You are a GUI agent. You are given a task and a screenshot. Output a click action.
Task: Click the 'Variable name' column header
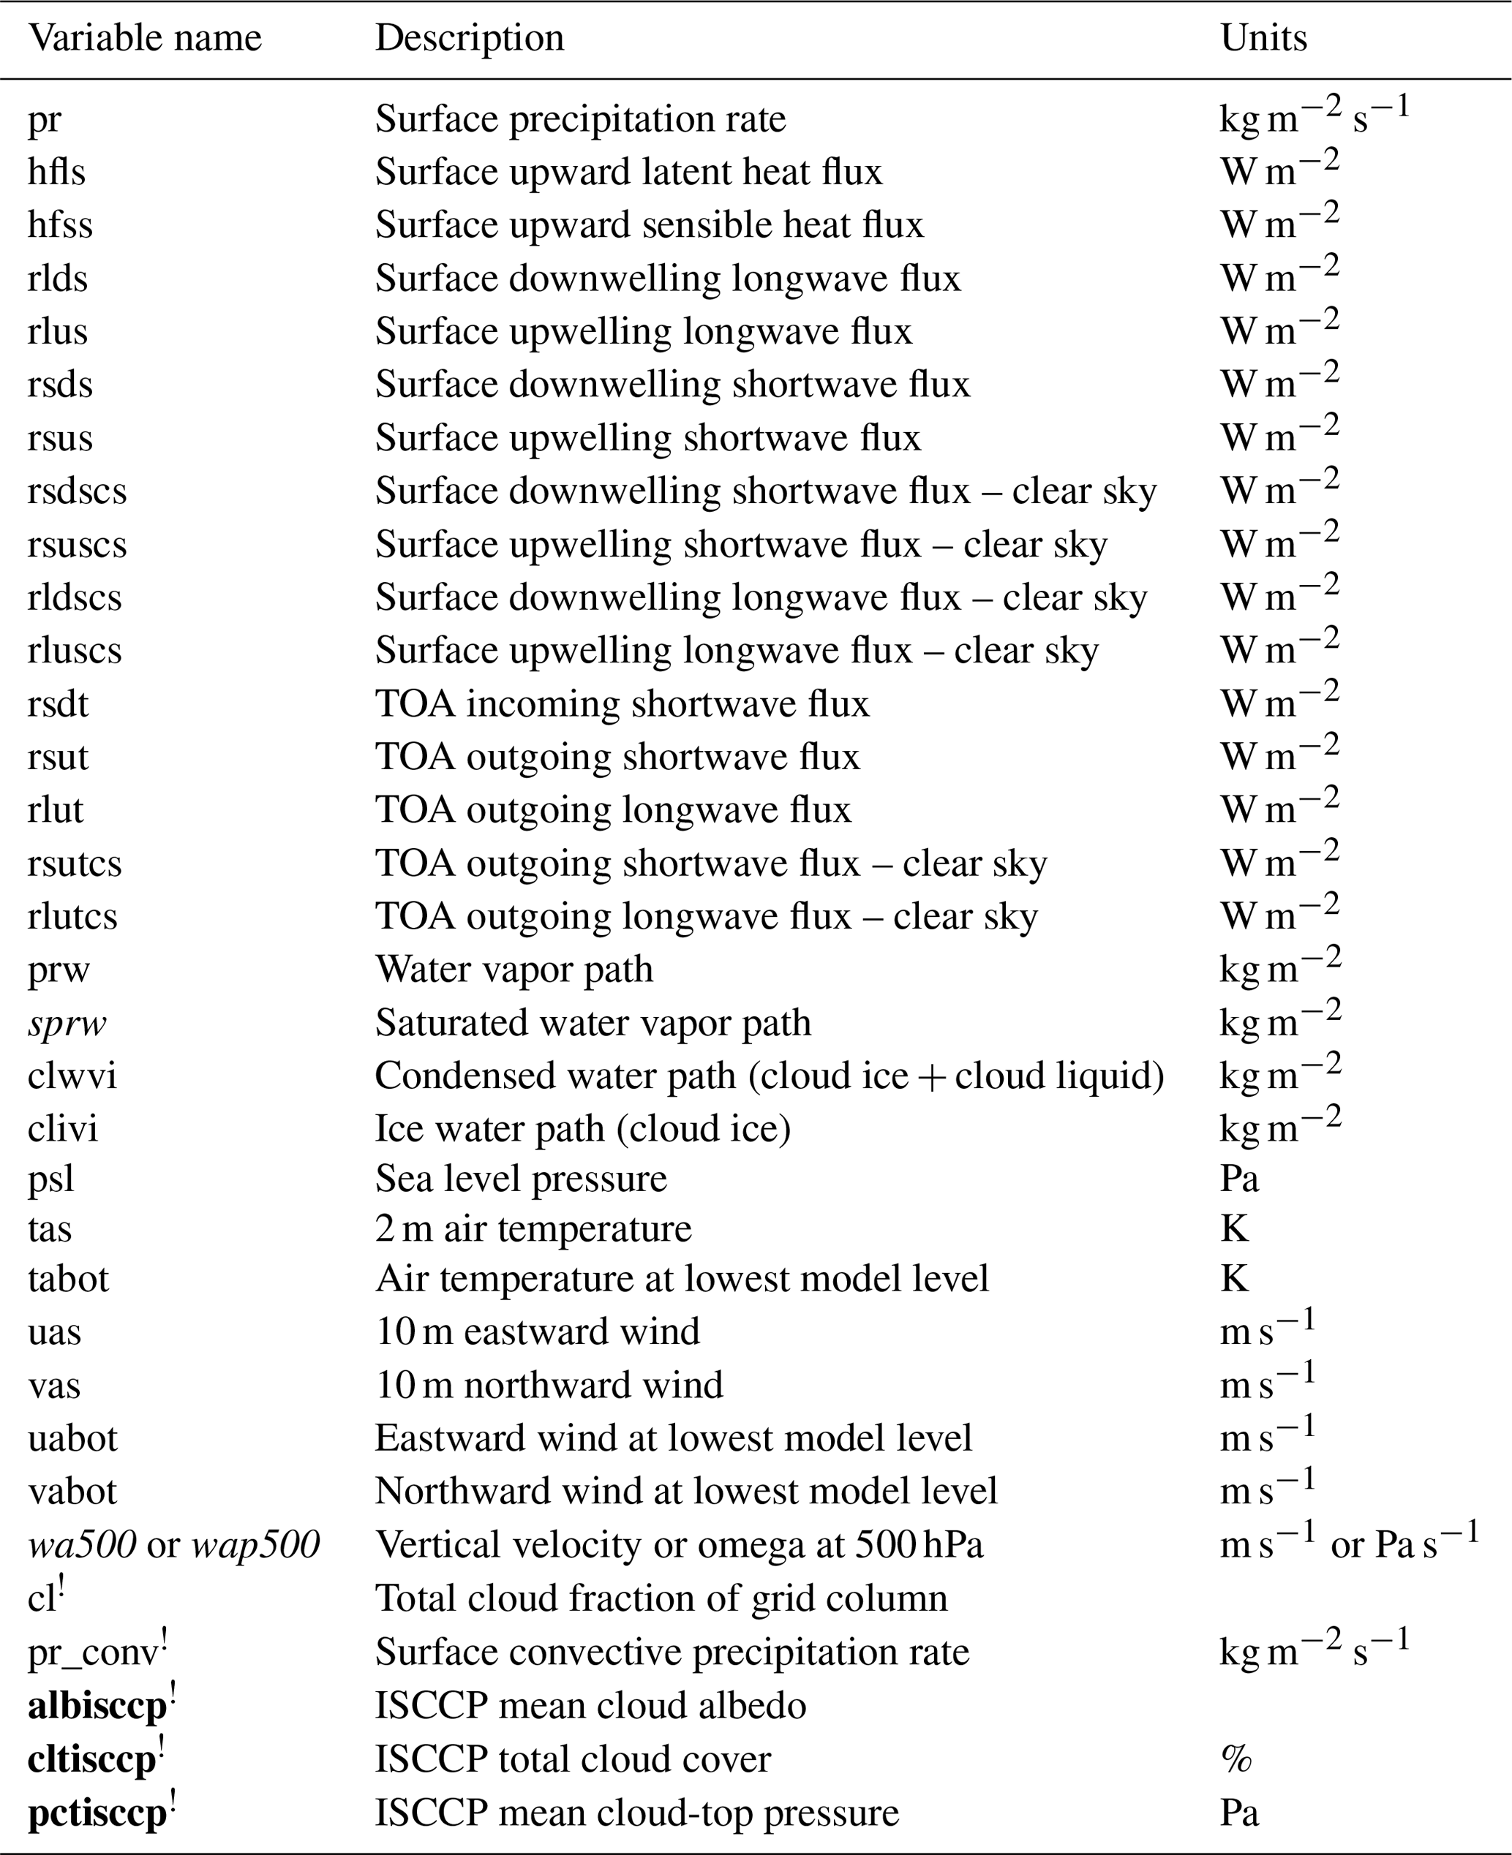[x=145, y=38]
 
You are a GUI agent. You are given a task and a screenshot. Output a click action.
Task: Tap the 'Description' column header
[x=470, y=38]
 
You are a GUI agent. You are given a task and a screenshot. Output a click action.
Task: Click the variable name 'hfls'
[x=56, y=172]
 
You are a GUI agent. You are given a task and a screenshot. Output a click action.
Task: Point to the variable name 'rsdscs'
[x=77, y=491]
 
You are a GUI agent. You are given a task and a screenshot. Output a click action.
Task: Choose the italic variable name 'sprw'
[x=67, y=1023]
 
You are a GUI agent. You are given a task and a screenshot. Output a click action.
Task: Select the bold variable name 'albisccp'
[x=97, y=1706]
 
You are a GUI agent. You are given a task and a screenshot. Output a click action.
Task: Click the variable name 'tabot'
[x=69, y=1279]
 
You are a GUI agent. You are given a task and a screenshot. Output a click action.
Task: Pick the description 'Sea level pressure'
[x=521, y=1179]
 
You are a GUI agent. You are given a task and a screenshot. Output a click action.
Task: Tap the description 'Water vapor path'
[x=514, y=970]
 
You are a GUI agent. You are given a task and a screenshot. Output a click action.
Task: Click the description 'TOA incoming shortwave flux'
[x=622, y=703]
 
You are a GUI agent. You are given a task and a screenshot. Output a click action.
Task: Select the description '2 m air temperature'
[x=533, y=1229]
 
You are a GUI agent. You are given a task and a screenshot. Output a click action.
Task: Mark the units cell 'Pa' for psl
[x=1239, y=1179]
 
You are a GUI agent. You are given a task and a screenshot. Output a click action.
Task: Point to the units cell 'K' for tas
[x=1234, y=1229]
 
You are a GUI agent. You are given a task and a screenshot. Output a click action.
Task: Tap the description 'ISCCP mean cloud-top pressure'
[x=636, y=1813]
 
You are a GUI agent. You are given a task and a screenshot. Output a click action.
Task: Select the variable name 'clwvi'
[x=72, y=1076]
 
